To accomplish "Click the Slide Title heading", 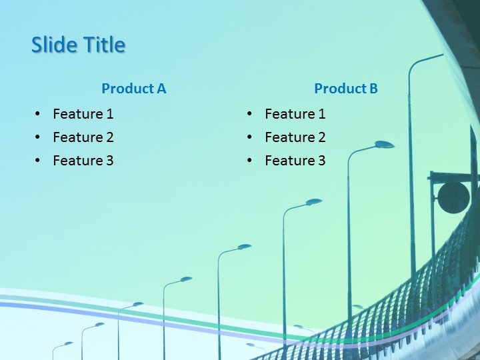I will coord(78,45).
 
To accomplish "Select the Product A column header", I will coord(133,88).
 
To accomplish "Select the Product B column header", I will coord(345,88).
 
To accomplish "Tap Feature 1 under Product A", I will coord(83,114).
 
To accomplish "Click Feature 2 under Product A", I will coord(83,137).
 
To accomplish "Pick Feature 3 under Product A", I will coord(83,161).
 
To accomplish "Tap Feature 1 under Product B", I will coord(295,114).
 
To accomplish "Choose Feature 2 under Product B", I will coord(295,137).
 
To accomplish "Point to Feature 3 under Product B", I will coord(295,161).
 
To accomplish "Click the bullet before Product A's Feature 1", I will coord(37,114).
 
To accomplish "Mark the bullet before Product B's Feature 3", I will coord(249,161).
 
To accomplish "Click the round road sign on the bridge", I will coord(453,197).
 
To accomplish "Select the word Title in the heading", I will coord(104,45).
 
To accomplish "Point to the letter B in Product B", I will coord(373,88).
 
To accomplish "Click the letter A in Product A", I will coord(161,88).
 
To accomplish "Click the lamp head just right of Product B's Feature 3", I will coord(384,144).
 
